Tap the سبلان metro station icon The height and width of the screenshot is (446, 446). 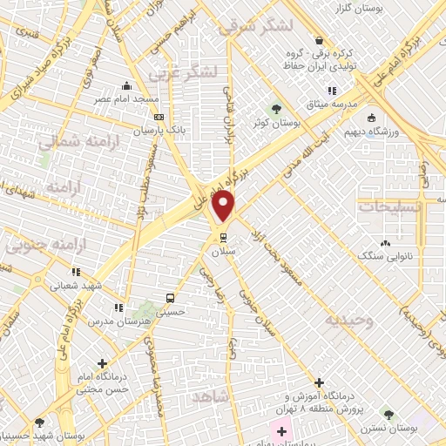pos(223,235)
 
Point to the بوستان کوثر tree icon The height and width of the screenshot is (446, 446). pos(276,109)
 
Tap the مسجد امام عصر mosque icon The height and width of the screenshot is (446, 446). pos(128,85)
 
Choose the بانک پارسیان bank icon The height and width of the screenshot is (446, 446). pos(158,116)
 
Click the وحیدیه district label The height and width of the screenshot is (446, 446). pos(349,320)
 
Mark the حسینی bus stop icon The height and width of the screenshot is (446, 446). pos(171,295)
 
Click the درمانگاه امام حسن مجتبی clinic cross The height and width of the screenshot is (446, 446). pos(103,363)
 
